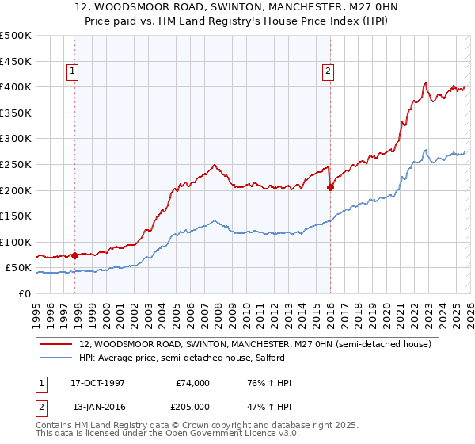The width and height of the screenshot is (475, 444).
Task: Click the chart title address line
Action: (237, 8)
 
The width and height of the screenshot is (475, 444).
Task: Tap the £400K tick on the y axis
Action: (16, 86)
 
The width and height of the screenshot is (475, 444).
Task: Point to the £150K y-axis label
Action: (16, 216)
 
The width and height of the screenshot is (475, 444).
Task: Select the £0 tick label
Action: (25, 293)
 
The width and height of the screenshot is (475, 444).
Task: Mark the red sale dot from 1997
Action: (75, 255)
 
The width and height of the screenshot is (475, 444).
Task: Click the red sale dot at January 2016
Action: (330, 188)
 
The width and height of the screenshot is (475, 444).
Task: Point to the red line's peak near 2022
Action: (426, 82)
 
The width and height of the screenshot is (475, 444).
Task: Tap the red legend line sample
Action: (57, 345)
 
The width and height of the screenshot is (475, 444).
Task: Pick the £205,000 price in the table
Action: (192, 407)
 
